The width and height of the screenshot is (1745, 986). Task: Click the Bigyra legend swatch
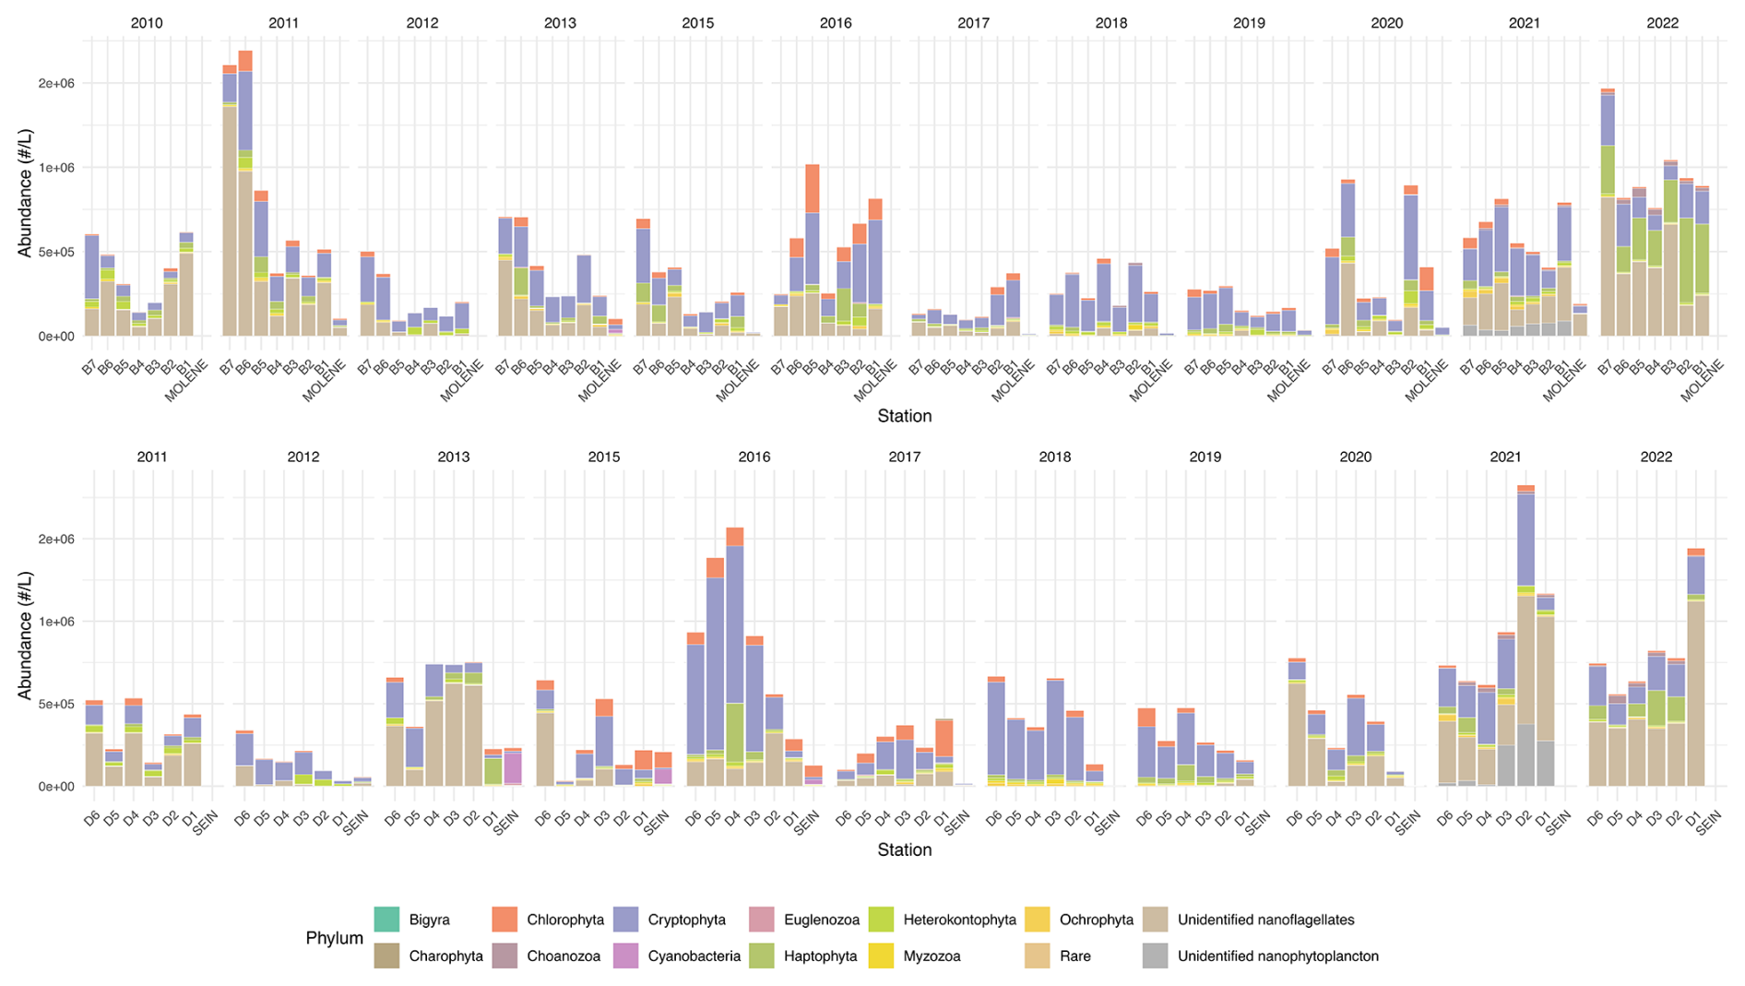point(386,920)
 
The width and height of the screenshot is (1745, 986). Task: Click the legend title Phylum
point(334,938)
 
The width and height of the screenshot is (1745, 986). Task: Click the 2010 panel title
point(147,23)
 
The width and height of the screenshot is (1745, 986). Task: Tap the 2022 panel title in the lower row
point(1656,457)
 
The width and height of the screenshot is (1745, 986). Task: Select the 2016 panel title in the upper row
point(836,23)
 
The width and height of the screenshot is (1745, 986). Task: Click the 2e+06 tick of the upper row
point(56,83)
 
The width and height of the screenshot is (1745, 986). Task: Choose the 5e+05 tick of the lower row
point(56,704)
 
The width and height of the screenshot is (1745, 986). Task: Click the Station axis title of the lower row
point(904,849)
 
